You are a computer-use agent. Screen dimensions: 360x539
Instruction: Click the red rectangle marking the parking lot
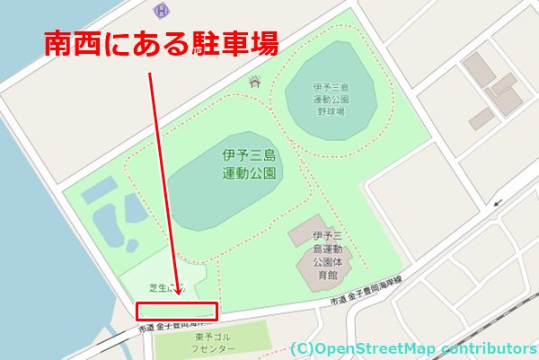click(177, 312)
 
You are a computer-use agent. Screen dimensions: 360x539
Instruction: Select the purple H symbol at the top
click(161, 11)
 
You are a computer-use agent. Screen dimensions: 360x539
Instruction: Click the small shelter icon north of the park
click(255, 83)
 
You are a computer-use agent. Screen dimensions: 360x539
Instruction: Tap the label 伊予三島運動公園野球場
click(330, 100)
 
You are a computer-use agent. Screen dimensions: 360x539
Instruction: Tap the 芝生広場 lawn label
click(167, 287)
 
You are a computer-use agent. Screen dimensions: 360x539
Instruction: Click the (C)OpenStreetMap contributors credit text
click(412, 347)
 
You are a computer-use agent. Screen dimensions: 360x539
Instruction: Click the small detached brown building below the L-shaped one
click(481, 117)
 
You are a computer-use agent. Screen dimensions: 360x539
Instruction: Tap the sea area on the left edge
click(22, 180)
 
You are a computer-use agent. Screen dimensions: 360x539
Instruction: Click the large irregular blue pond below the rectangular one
click(111, 224)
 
